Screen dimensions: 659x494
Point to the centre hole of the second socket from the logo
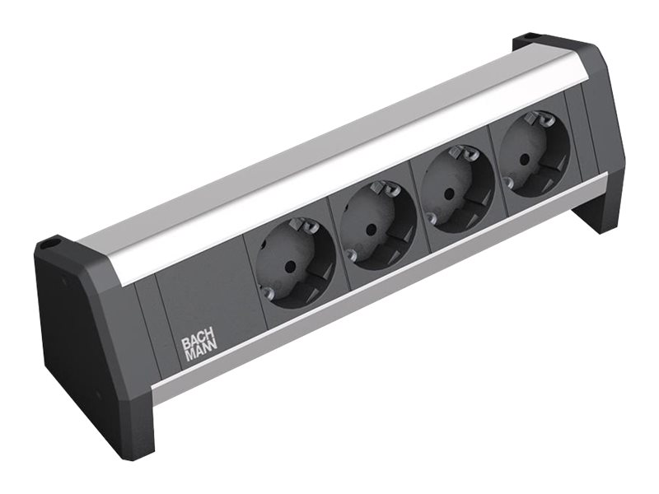[x=371, y=230]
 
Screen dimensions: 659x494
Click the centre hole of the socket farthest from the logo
[x=524, y=159]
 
